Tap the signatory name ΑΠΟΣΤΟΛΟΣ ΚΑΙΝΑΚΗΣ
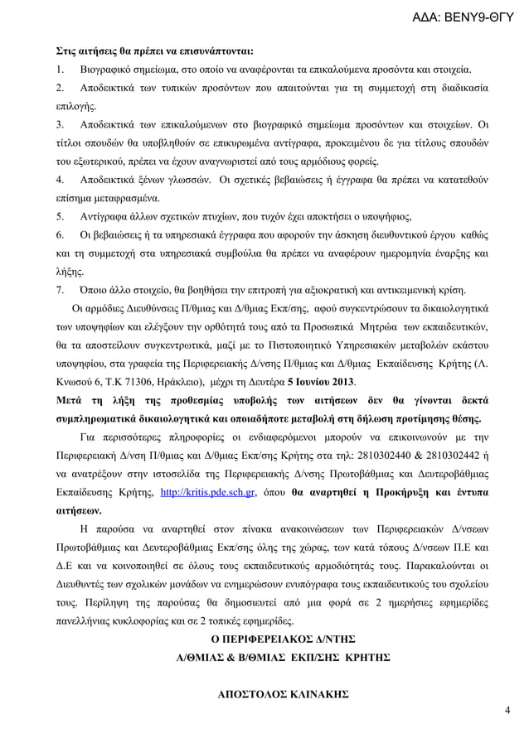tap(282, 694)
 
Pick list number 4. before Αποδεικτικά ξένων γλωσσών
tap(60, 179)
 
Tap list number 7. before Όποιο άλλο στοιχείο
tap(60, 289)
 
